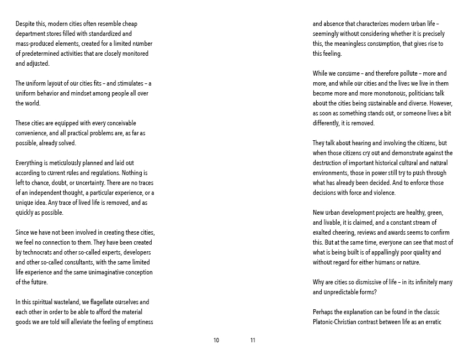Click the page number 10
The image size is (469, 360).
coord(216,340)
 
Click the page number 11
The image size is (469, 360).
coord(253,340)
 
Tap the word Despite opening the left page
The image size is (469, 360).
coord(25,24)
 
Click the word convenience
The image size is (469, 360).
coord(33,133)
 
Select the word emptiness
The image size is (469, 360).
coord(137,322)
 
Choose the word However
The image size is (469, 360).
coord(440,103)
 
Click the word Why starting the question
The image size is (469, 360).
coord(318,282)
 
